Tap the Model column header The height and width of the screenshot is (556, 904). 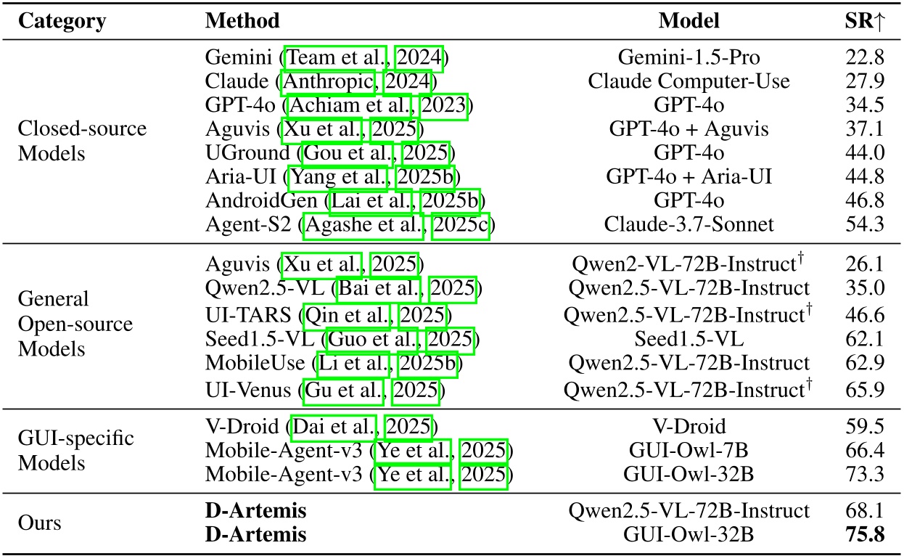(x=688, y=20)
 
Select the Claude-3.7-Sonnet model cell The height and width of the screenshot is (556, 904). (x=688, y=224)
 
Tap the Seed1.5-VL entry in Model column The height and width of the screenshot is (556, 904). (x=688, y=338)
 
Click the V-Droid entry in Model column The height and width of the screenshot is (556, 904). (x=688, y=426)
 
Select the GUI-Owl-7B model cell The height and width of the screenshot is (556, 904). (x=688, y=450)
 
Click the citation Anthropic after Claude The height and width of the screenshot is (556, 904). (x=330, y=81)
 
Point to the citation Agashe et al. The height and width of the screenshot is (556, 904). (x=365, y=224)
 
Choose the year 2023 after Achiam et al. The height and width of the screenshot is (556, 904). (x=445, y=105)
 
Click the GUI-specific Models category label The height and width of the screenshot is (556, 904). (x=64, y=450)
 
